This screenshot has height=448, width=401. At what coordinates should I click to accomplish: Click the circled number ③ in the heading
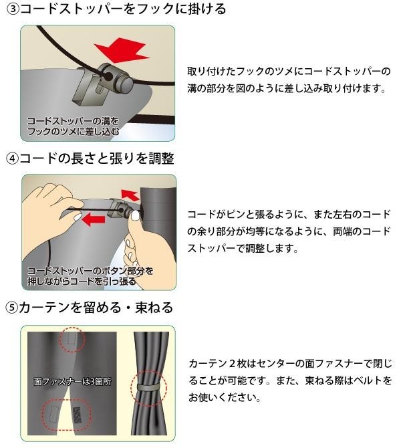pyautogui.click(x=13, y=9)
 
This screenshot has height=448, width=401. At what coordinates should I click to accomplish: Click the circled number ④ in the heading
pyautogui.click(x=12, y=159)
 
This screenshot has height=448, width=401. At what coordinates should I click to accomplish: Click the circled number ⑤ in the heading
pyautogui.click(x=12, y=308)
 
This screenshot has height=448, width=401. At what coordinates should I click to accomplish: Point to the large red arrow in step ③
pyautogui.click(x=122, y=49)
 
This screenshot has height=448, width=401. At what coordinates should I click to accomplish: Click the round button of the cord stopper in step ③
pyautogui.click(x=124, y=83)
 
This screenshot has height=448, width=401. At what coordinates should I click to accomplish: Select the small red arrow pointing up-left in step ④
pyautogui.click(x=130, y=195)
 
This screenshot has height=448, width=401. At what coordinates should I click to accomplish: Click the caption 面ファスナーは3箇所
pyautogui.click(x=73, y=381)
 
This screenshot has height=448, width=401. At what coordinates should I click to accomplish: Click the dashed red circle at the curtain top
pyautogui.click(x=72, y=340)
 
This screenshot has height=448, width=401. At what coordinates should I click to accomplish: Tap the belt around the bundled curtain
pyautogui.click(x=148, y=387)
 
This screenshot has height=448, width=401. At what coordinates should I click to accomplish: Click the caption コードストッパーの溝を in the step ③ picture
pyautogui.click(x=73, y=121)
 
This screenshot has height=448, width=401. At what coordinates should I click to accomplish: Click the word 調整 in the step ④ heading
pyautogui.click(x=161, y=158)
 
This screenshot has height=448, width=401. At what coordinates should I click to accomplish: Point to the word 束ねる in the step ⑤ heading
pyautogui.click(x=154, y=308)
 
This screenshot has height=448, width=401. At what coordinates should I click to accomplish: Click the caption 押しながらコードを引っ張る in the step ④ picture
pyautogui.click(x=82, y=281)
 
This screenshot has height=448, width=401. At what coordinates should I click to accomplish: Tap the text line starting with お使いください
pyautogui.click(x=225, y=397)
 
